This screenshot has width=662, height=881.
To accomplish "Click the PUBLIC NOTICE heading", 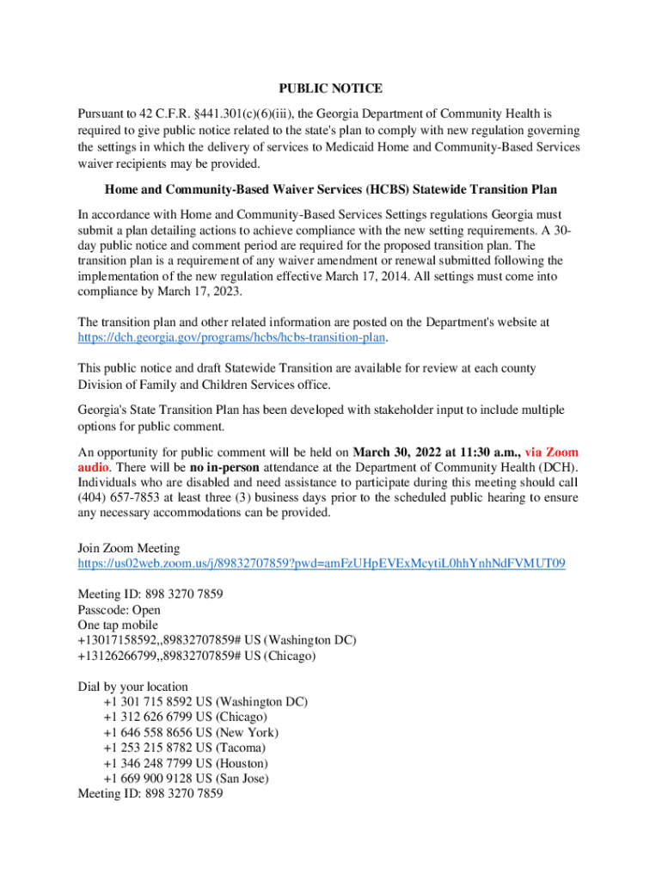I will coord(331,89).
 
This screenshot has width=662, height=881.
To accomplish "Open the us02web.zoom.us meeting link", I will coord(322,564).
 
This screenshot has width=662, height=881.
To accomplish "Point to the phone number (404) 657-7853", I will coord(118,497).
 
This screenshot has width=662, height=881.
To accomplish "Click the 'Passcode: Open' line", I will coord(120,609).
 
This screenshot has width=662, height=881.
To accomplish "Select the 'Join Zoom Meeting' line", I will coord(129,548).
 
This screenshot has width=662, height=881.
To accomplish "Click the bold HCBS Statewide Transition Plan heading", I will coord(331,189).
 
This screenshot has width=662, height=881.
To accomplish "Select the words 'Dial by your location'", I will coord(132,687).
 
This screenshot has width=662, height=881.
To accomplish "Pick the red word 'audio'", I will coord(94,466).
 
